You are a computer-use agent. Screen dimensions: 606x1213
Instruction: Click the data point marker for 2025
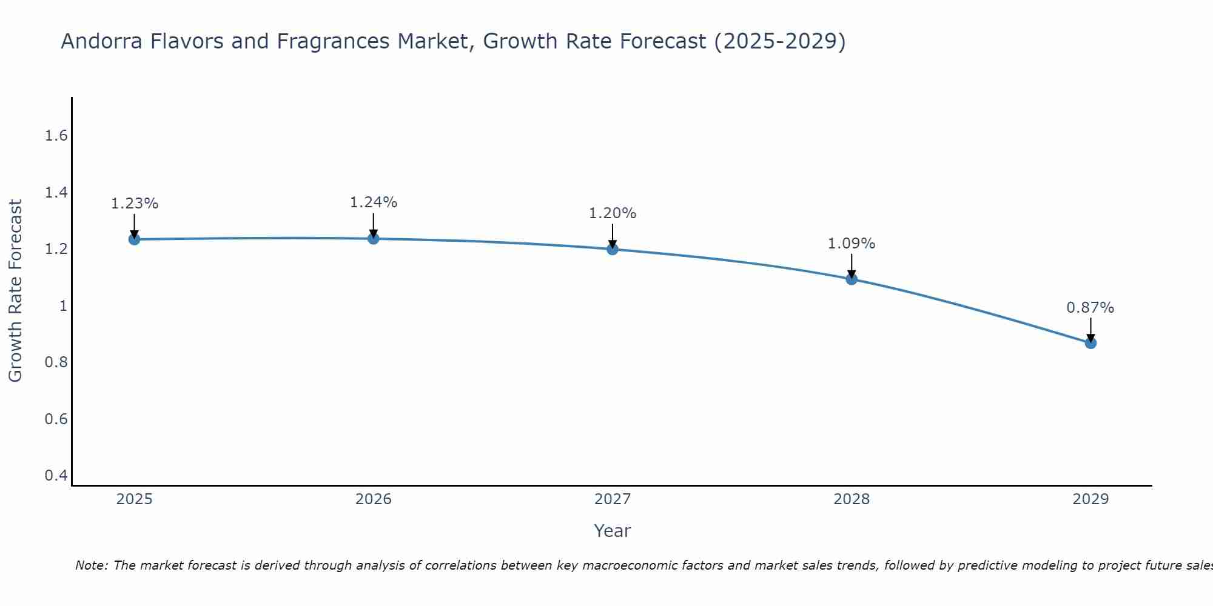click(134, 239)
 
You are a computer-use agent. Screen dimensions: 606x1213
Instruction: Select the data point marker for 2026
click(374, 239)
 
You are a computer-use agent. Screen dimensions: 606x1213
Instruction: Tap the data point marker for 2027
click(613, 249)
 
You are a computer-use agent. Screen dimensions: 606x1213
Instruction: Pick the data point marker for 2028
click(852, 279)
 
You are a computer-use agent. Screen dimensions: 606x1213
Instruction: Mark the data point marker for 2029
click(1090, 343)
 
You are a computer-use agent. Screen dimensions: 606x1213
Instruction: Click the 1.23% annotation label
click(134, 204)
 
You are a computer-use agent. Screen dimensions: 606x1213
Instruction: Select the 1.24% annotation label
click(374, 202)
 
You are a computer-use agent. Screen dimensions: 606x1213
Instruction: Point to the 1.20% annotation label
click(613, 213)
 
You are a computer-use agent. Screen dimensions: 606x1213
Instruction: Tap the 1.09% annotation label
click(852, 244)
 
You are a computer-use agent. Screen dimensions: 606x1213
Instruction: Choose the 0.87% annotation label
click(1090, 308)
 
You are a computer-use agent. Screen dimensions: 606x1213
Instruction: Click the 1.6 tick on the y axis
click(56, 136)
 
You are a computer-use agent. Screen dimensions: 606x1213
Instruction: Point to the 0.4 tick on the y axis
click(56, 476)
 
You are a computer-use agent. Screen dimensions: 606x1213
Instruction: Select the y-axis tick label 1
click(63, 306)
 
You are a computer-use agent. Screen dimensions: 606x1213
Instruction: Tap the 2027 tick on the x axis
click(613, 499)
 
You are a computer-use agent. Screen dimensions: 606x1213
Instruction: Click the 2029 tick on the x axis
click(1090, 499)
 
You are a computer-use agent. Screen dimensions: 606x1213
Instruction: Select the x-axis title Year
click(613, 531)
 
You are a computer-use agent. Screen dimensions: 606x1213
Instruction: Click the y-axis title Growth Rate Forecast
click(16, 291)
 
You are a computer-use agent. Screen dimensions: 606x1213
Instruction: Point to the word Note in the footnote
click(91, 565)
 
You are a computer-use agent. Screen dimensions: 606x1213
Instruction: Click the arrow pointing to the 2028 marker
click(852, 265)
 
